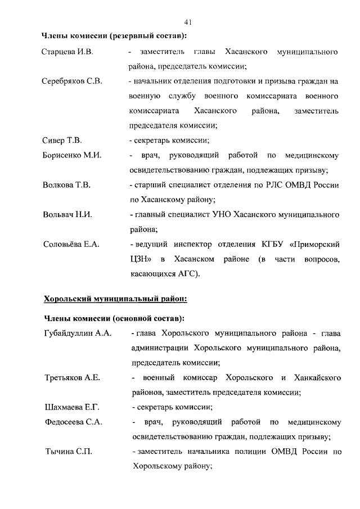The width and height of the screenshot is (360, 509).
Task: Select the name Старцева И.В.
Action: [67, 52]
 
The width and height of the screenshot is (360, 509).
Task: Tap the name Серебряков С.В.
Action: [72, 82]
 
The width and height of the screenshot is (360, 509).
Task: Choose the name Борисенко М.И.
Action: [72, 155]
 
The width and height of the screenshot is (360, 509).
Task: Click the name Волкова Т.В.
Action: [66, 184]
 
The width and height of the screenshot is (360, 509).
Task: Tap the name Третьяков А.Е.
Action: [72, 377]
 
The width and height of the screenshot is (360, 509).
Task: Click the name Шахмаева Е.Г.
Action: [71, 407]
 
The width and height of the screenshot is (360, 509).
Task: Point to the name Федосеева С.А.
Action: [73, 422]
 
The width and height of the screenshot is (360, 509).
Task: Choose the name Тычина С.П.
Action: [66, 451]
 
